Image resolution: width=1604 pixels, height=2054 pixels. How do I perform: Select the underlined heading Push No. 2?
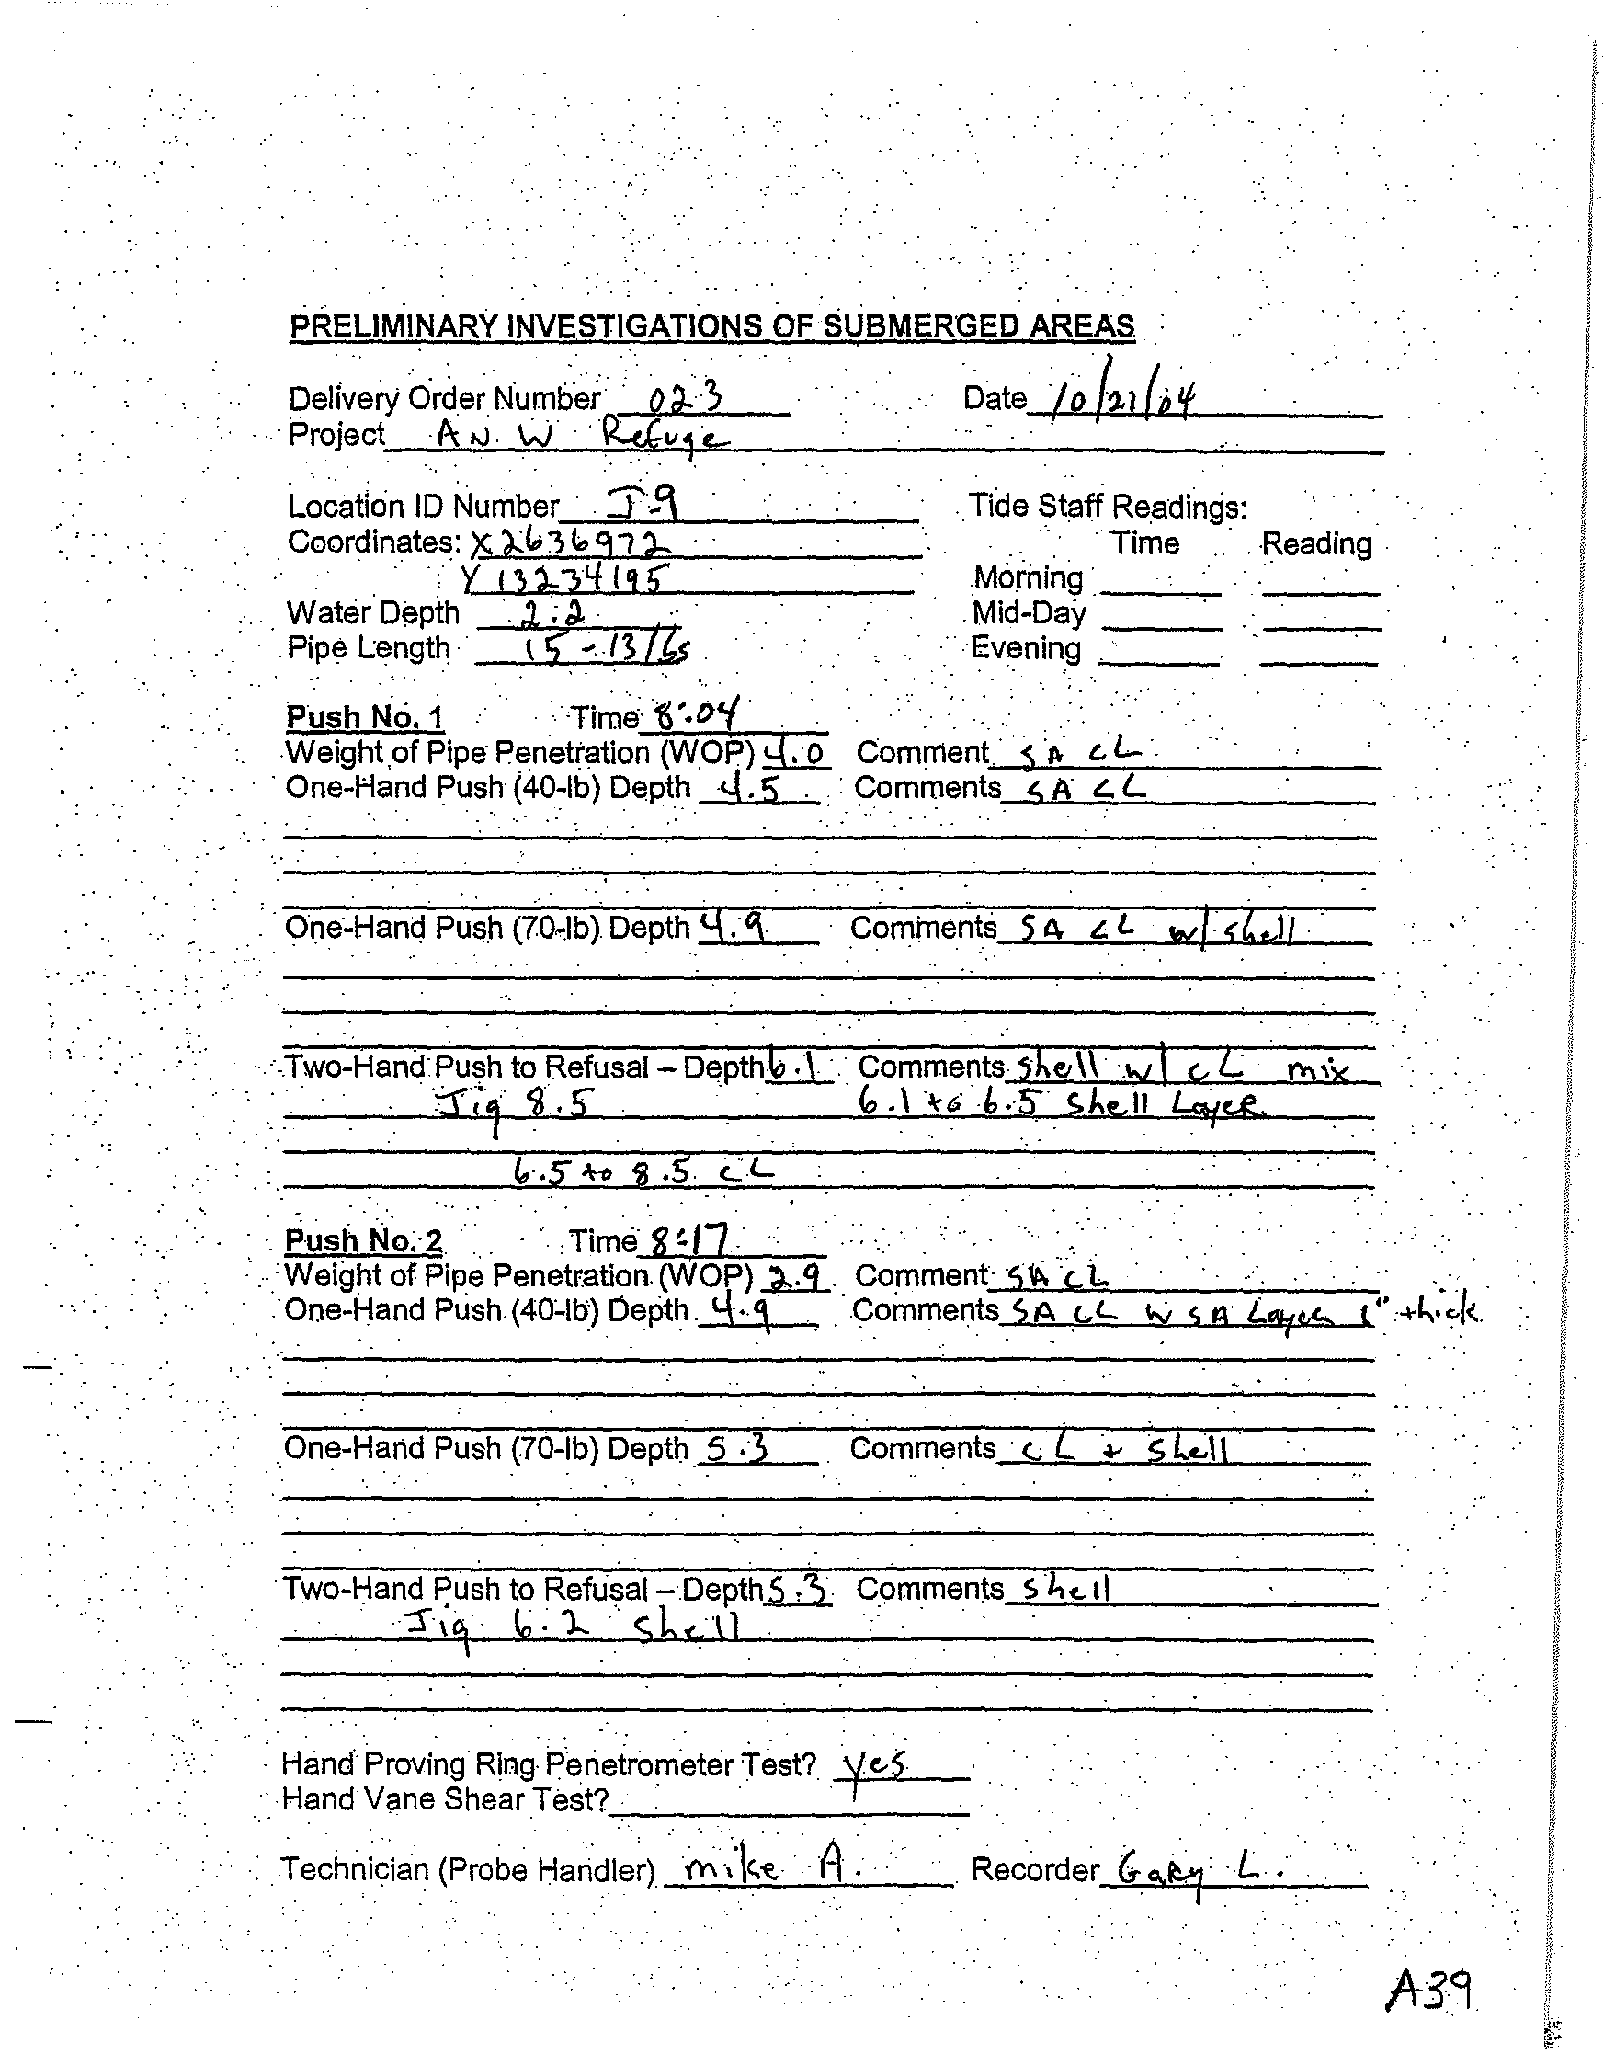[363, 1241]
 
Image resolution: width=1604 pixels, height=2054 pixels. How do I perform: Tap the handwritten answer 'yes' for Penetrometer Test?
[874, 1766]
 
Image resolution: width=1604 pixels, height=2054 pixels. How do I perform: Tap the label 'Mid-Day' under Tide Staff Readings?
[1029, 613]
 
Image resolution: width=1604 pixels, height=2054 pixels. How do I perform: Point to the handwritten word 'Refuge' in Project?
[664, 437]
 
